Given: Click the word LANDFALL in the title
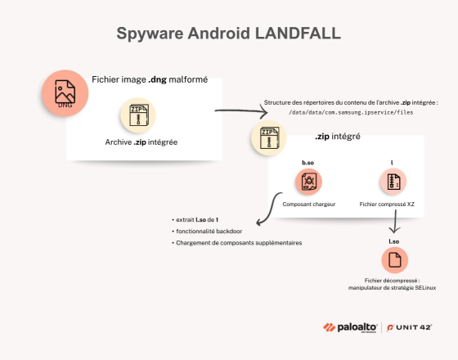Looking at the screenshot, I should [296, 34].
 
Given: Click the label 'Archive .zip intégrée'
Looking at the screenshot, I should [142, 143].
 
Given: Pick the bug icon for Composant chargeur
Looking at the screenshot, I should [308, 182].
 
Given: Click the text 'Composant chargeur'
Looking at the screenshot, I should [308, 204].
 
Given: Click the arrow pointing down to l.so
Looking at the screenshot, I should [396, 223].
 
